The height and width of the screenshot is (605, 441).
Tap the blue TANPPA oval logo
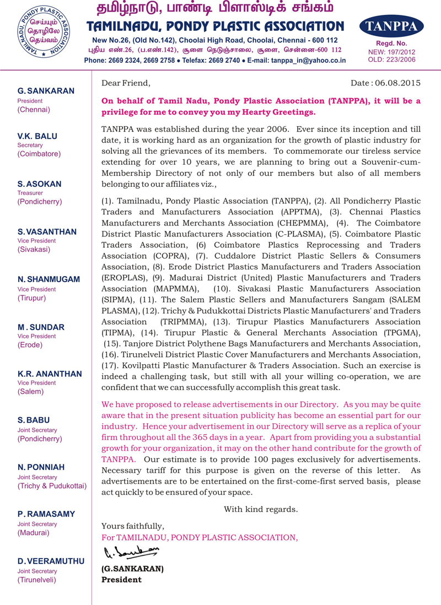click(391, 26)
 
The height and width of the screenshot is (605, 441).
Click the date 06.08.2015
click(398, 83)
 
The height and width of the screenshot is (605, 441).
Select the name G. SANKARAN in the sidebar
click(46, 91)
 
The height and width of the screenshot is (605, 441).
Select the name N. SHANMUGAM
click(49, 280)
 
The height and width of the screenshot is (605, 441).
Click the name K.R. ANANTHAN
click(50, 374)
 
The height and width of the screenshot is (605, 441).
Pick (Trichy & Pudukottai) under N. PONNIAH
click(52, 486)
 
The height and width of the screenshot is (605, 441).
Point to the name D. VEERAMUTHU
click(51, 561)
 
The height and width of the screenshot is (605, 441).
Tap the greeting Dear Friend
click(126, 83)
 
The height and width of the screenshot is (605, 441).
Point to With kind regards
click(261, 509)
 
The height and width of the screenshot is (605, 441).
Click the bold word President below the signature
click(121, 580)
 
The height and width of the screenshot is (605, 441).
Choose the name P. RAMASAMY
click(46, 514)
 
